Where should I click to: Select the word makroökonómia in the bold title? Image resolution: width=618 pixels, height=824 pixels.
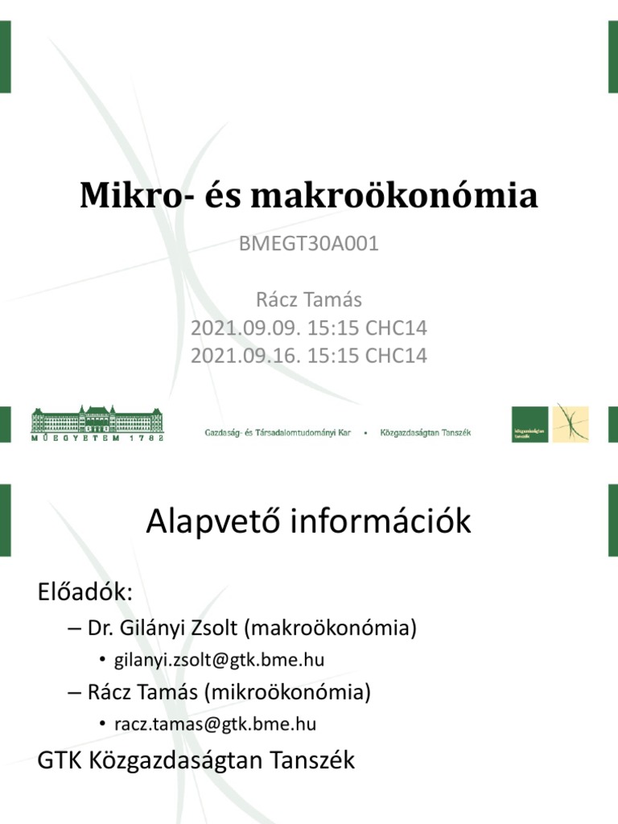394,196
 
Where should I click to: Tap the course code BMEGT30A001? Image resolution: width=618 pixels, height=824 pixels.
309,245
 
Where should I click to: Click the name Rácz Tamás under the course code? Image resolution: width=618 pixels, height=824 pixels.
309,300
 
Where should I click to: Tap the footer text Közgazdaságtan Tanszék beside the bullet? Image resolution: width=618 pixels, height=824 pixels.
426,432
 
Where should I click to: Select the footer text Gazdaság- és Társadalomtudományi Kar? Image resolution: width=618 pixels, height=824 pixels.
278,432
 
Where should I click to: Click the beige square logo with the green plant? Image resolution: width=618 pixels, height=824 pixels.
571,424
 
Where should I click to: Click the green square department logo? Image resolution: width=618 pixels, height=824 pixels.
531,424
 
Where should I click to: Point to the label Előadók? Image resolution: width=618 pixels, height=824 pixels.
84,593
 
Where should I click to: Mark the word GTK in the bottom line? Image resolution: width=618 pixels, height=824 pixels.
58,760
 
